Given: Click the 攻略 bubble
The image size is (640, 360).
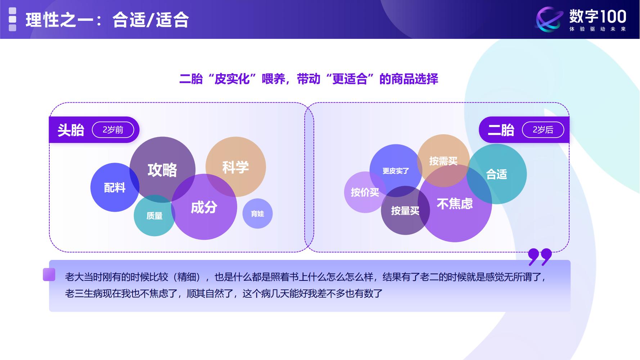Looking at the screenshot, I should point(162,170).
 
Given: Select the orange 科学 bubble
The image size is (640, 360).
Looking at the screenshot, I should point(235,167).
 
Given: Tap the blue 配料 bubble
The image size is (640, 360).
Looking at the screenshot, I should point(114,188).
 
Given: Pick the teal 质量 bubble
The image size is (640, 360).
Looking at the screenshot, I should point(154,216).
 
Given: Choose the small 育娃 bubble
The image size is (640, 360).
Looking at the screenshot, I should point(257,214).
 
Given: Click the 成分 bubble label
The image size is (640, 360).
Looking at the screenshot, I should point(204,207).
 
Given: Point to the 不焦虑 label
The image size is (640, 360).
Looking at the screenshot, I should point(455,204).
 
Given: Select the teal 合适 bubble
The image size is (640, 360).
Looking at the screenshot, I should point(497,174).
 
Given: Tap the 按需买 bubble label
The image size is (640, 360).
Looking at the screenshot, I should point(443,161).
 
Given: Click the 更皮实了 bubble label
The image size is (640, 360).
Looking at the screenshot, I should point(396,171).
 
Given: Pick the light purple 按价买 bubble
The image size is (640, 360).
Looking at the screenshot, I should point(365,192).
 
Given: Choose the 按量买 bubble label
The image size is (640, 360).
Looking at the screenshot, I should point(405,211).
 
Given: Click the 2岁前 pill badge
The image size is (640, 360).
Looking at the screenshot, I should point(113,130).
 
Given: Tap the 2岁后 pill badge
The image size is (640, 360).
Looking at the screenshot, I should point(543,130).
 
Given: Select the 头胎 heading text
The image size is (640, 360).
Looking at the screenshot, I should point(71,130).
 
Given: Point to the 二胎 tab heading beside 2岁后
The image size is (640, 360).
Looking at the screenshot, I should point(501,130).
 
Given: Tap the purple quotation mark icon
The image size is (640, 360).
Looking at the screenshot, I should point(540,256).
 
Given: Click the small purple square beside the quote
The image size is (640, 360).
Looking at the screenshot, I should point(49,274).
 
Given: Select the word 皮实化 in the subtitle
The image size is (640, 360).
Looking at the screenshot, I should point(232,79).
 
